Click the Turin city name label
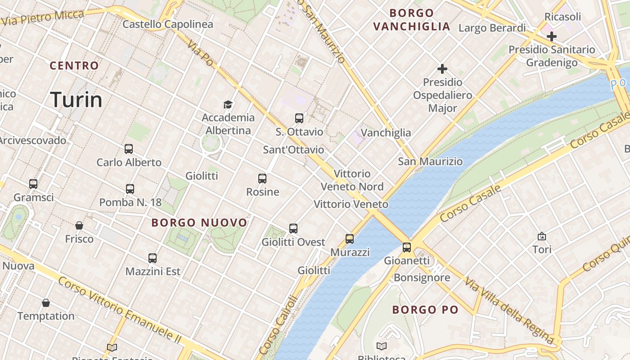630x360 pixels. [x=76, y=99]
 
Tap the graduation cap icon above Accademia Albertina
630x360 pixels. [x=228, y=105]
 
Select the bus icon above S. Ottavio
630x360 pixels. [x=299, y=118]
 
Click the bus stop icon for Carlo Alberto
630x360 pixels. [x=129, y=149]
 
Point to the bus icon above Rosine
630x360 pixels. [x=262, y=179]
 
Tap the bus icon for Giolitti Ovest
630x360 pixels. [x=293, y=229]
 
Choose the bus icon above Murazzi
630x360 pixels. [x=350, y=239]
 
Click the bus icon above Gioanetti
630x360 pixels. [x=407, y=247]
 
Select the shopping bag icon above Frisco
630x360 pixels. [x=79, y=225]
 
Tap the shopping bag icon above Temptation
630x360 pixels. [x=46, y=302]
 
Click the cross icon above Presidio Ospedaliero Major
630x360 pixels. [x=442, y=69]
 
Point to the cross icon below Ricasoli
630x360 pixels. [x=552, y=36]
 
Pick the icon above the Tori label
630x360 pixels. [x=542, y=236]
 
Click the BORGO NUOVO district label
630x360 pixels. [x=199, y=223]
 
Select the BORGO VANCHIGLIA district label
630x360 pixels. [x=412, y=20]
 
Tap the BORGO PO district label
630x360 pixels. [x=425, y=310]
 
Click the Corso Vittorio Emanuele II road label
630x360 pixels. [x=121, y=310]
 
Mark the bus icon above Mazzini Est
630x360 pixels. [x=153, y=258]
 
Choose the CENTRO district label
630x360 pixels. [x=74, y=66]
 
